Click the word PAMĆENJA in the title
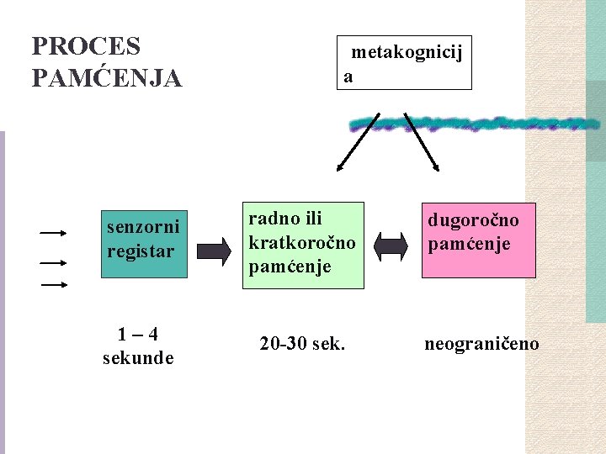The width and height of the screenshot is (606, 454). tap(106, 78)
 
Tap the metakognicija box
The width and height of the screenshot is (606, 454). tap(404, 63)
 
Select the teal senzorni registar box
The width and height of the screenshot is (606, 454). tap(144, 243)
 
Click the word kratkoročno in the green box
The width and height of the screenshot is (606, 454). tap(302, 242)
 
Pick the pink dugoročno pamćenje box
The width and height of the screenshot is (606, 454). tap(479, 240)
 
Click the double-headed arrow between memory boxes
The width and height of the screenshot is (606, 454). tap(390, 246)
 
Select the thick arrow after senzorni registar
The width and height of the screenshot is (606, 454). tap(213, 250)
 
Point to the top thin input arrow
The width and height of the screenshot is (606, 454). tap(53, 231)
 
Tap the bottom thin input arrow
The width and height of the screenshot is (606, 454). tap(53, 285)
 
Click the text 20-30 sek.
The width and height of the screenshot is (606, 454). tap(303, 344)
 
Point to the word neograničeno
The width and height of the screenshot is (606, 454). tap(481, 344)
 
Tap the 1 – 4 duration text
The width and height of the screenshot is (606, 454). tap(138, 334)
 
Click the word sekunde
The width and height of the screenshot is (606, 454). tap(138, 358)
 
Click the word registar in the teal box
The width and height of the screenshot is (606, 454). tap(141, 251)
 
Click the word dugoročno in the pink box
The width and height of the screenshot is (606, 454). tap(473, 220)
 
